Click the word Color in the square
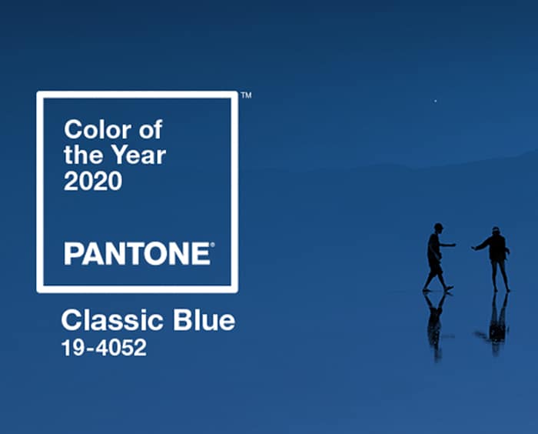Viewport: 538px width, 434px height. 98,129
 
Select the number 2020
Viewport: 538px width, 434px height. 93,181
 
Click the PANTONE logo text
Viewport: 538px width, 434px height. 138,254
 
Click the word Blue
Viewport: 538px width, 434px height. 204,320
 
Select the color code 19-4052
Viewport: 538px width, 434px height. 104,347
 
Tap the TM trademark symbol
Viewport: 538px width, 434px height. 247,95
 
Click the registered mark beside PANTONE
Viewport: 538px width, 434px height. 212,245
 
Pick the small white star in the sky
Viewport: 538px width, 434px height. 436,101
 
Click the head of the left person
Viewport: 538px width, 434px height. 438,228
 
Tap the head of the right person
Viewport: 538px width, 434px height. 495,231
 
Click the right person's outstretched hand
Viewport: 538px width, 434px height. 474,248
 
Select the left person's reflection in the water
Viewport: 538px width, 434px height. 436,325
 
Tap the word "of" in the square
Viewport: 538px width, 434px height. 151,129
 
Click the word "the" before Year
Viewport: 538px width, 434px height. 83,155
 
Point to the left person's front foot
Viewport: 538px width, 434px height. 449,289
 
